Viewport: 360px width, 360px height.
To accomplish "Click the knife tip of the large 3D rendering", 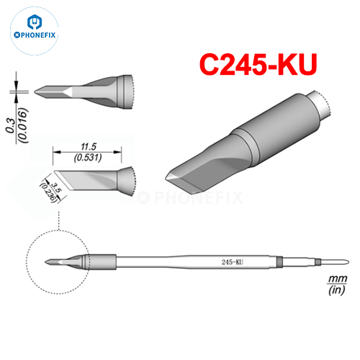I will coord(168,177).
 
